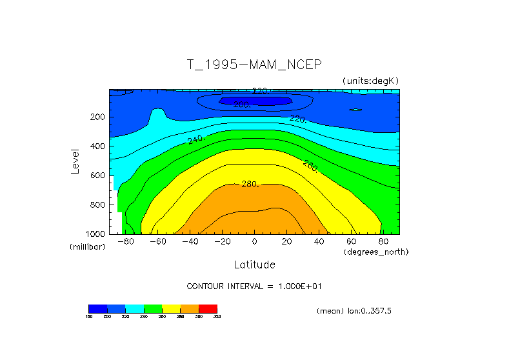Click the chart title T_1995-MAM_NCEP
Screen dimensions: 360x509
[254, 65]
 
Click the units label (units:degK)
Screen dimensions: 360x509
[371, 80]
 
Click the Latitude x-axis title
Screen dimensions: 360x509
[254, 265]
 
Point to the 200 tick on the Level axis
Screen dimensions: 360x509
[98, 117]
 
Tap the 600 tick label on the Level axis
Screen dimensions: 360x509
[98, 175]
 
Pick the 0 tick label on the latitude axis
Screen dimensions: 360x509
[254, 242]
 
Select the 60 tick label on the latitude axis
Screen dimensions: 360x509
[352, 242]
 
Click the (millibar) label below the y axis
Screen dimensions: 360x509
[87, 247]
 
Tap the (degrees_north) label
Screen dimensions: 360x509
[376, 251]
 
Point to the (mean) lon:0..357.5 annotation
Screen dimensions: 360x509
[354, 311]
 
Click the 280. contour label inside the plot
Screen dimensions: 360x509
[250, 185]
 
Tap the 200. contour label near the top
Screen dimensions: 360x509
[242, 105]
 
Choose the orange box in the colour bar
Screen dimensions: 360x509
[190, 308]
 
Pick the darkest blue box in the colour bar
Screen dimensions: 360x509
[97, 308]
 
